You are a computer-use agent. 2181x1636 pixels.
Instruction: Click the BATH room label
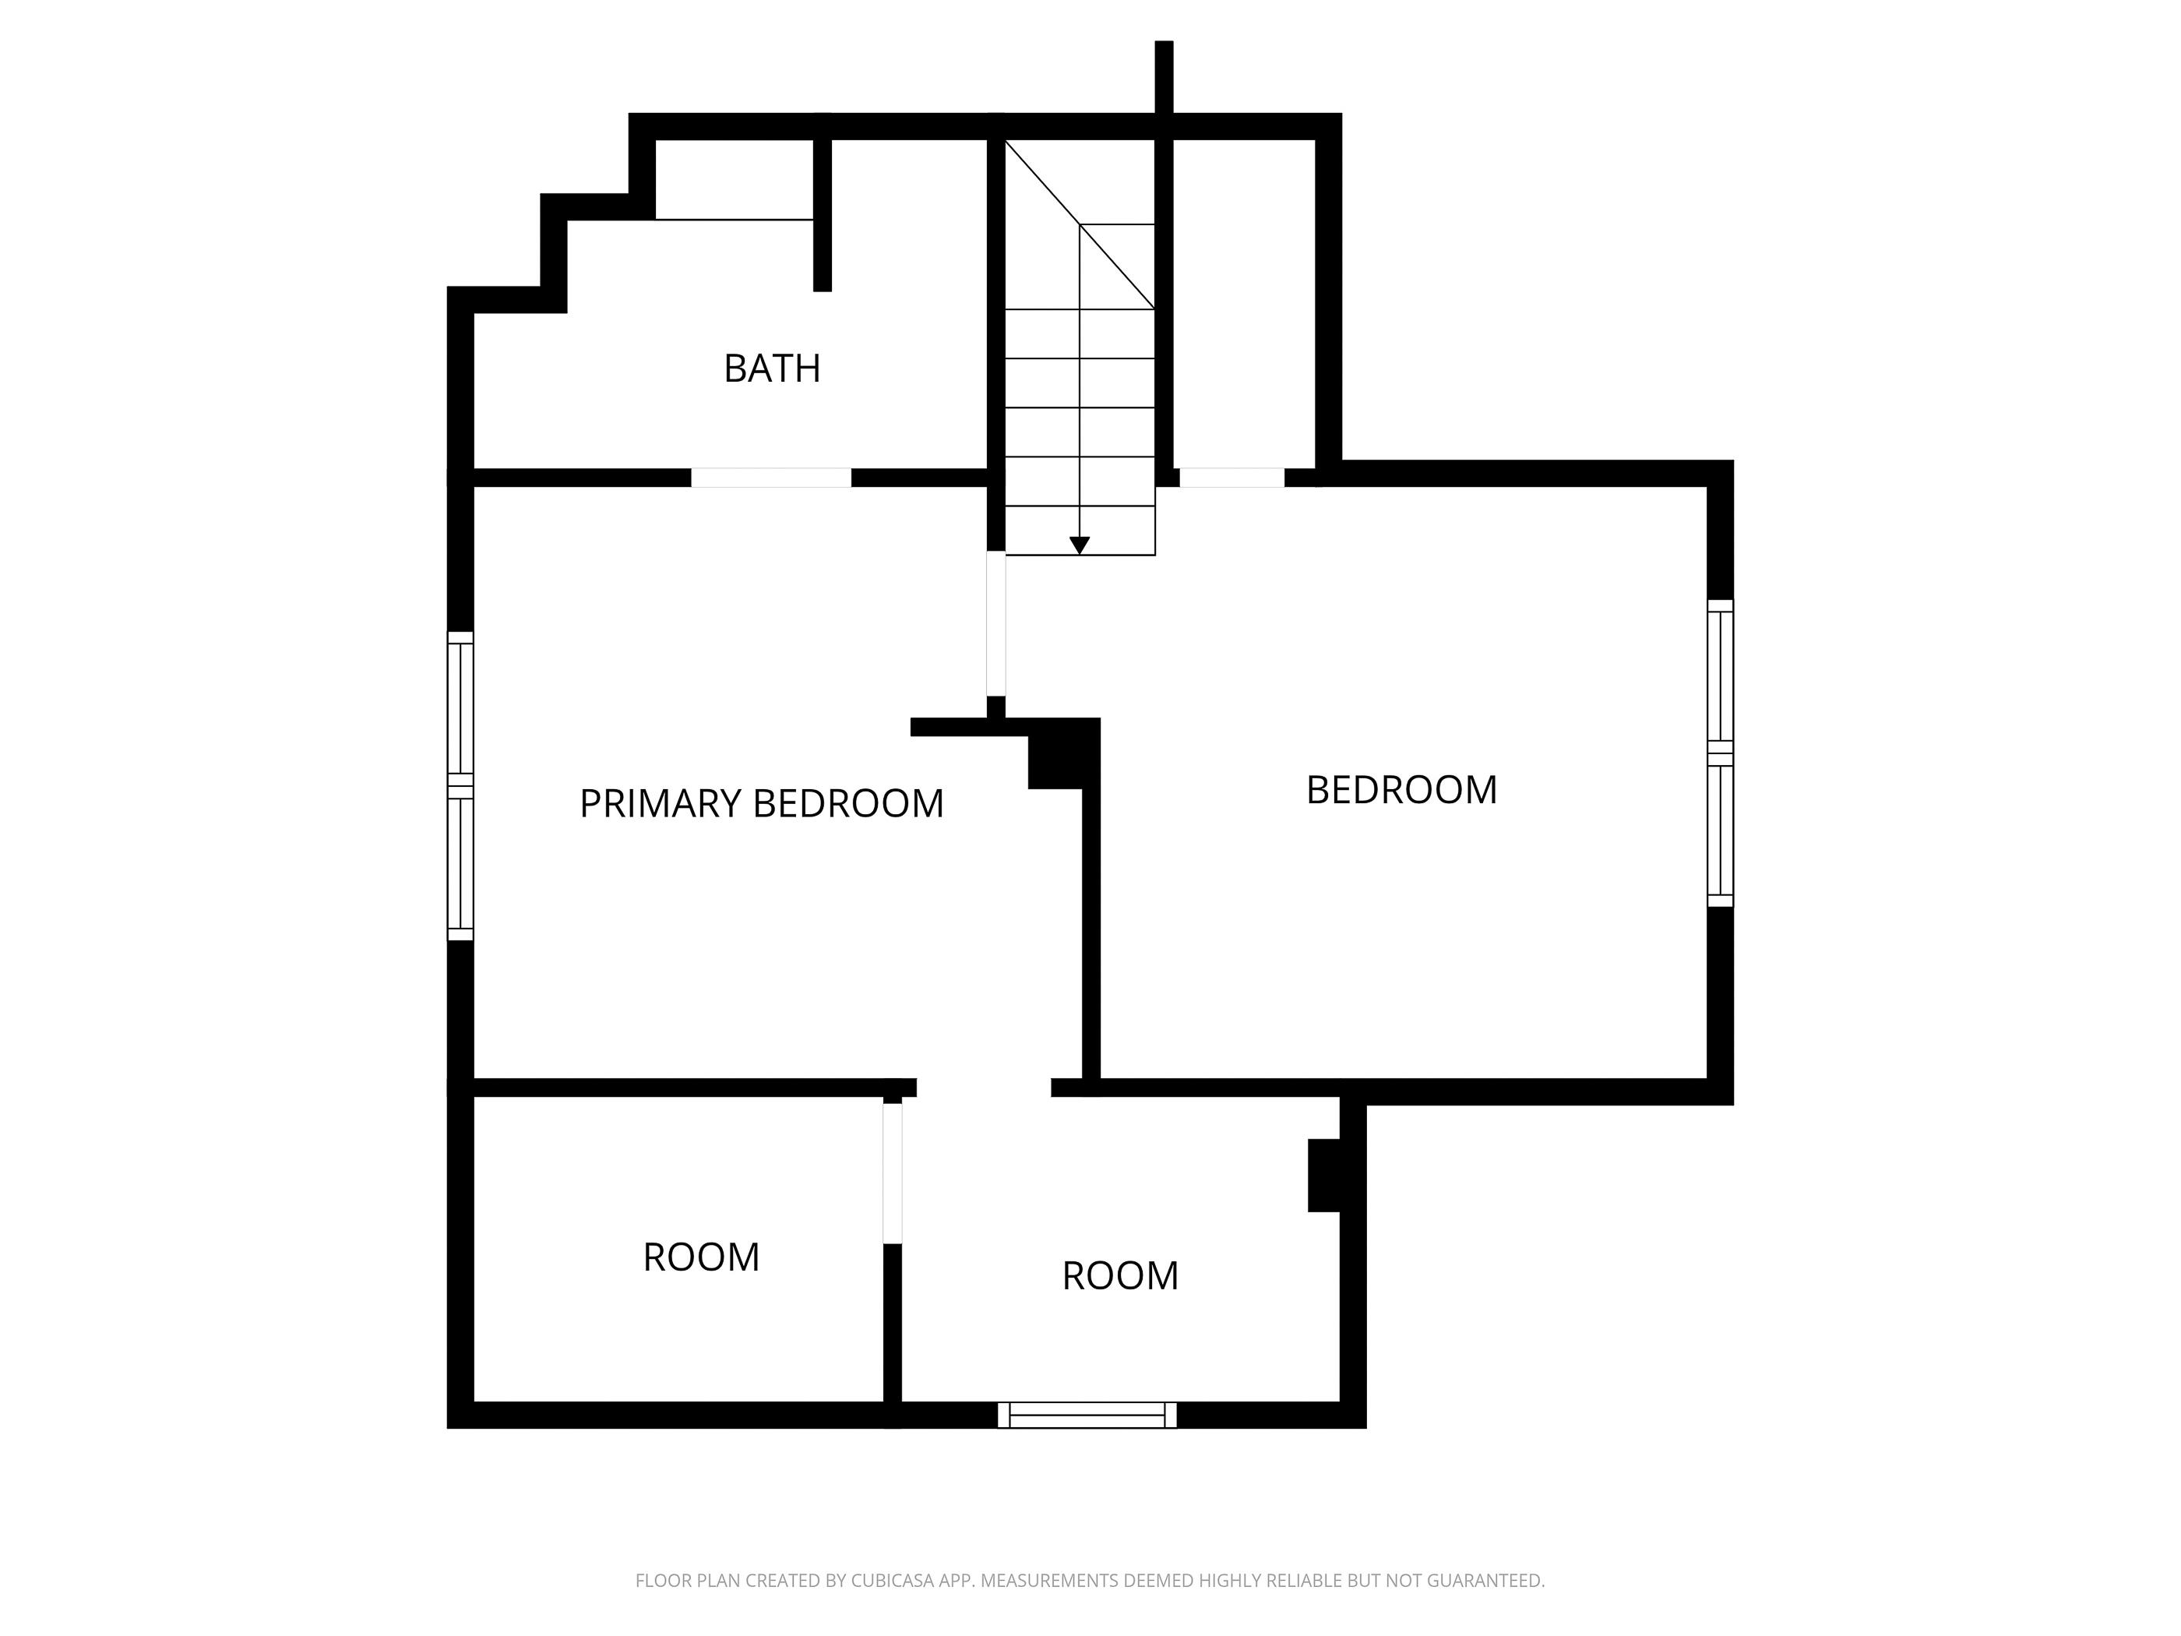[771, 368]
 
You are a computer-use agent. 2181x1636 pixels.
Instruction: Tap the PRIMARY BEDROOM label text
[761, 804]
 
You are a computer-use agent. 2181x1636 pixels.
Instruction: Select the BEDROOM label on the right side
[1401, 790]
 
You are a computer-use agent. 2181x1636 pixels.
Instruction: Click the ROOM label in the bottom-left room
[701, 1257]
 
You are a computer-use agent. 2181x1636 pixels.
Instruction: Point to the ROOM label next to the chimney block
[1120, 1276]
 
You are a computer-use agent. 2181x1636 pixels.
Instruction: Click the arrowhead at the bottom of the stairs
[1080, 545]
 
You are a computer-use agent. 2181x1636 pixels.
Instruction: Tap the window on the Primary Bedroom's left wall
[460, 786]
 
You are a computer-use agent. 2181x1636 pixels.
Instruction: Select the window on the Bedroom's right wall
[1720, 753]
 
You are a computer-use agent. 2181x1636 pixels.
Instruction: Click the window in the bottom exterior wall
[1087, 1415]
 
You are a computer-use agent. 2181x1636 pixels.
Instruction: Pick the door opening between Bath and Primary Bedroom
[770, 478]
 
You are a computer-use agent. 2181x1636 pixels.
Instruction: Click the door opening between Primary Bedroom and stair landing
[995, 623]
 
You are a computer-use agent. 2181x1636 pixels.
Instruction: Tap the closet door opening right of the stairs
[1231, 478]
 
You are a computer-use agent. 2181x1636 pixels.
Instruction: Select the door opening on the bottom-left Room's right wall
[893, 1172]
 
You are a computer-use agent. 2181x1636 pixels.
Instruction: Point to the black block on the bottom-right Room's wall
[1324, 1176]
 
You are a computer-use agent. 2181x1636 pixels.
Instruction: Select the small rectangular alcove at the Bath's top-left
[734, 179]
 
